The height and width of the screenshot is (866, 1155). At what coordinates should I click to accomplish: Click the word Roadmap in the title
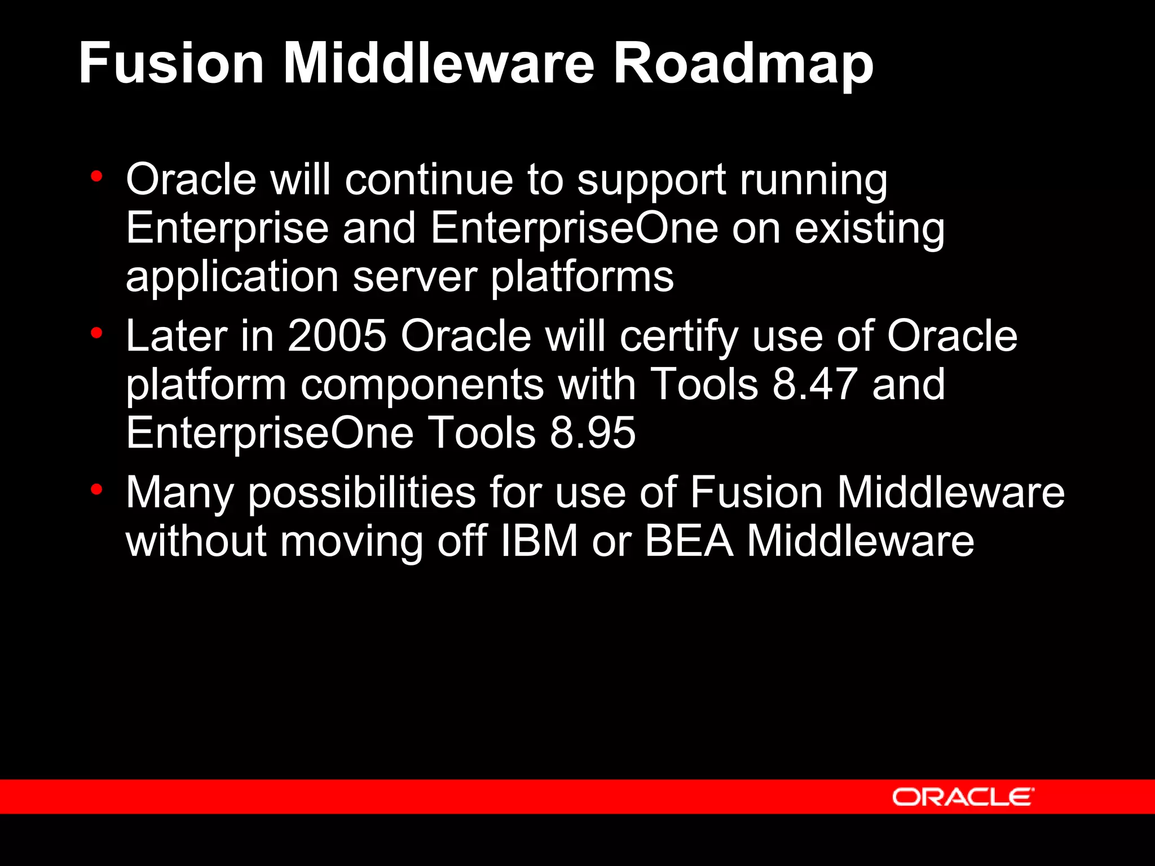tap(743, 63)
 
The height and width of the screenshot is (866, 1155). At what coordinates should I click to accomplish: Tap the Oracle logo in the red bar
tap(963, 797)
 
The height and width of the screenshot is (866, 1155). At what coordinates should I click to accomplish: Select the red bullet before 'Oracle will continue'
tap(96, 176)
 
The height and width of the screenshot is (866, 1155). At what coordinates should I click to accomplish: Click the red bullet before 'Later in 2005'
tap(96, 333)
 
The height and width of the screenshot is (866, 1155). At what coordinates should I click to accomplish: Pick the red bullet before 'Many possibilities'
tap(96, 489)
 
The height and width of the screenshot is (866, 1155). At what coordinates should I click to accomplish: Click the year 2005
tap(337, 336)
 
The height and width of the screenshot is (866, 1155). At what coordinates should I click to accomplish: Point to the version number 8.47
tap(814, 385)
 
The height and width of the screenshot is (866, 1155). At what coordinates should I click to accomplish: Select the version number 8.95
tap(592, 433)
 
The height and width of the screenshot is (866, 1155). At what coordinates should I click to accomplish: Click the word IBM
tap(539, 541)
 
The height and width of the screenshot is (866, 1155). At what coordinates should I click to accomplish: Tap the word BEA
tap(689, 541)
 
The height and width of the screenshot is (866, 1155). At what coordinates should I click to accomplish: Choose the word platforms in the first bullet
tap(582, 277)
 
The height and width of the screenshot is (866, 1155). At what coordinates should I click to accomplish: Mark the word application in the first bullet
tap(232, 277)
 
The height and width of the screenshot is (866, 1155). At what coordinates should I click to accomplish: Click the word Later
tap(177, 336)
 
